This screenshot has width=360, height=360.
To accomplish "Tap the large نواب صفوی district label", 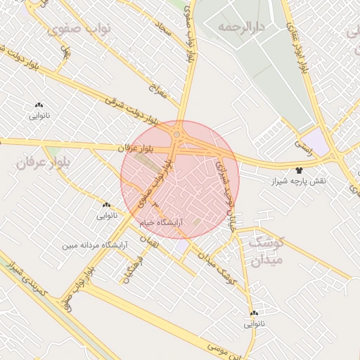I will point(73,31).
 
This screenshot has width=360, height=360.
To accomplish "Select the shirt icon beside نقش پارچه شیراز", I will point(300,169).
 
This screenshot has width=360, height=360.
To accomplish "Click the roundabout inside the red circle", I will point(177,134).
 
